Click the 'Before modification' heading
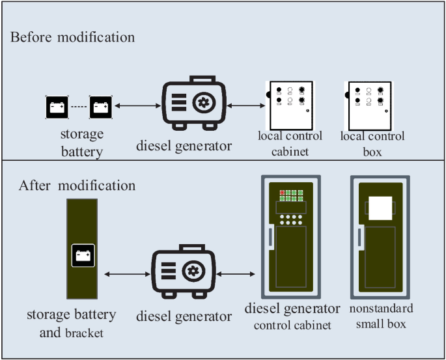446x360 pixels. (72, 36)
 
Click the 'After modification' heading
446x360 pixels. (77, 186)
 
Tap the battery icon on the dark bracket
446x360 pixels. (83, 256)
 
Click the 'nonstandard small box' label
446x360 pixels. (382, 316)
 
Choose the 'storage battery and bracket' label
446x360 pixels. (71, 324)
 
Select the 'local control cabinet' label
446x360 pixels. (290, 144)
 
